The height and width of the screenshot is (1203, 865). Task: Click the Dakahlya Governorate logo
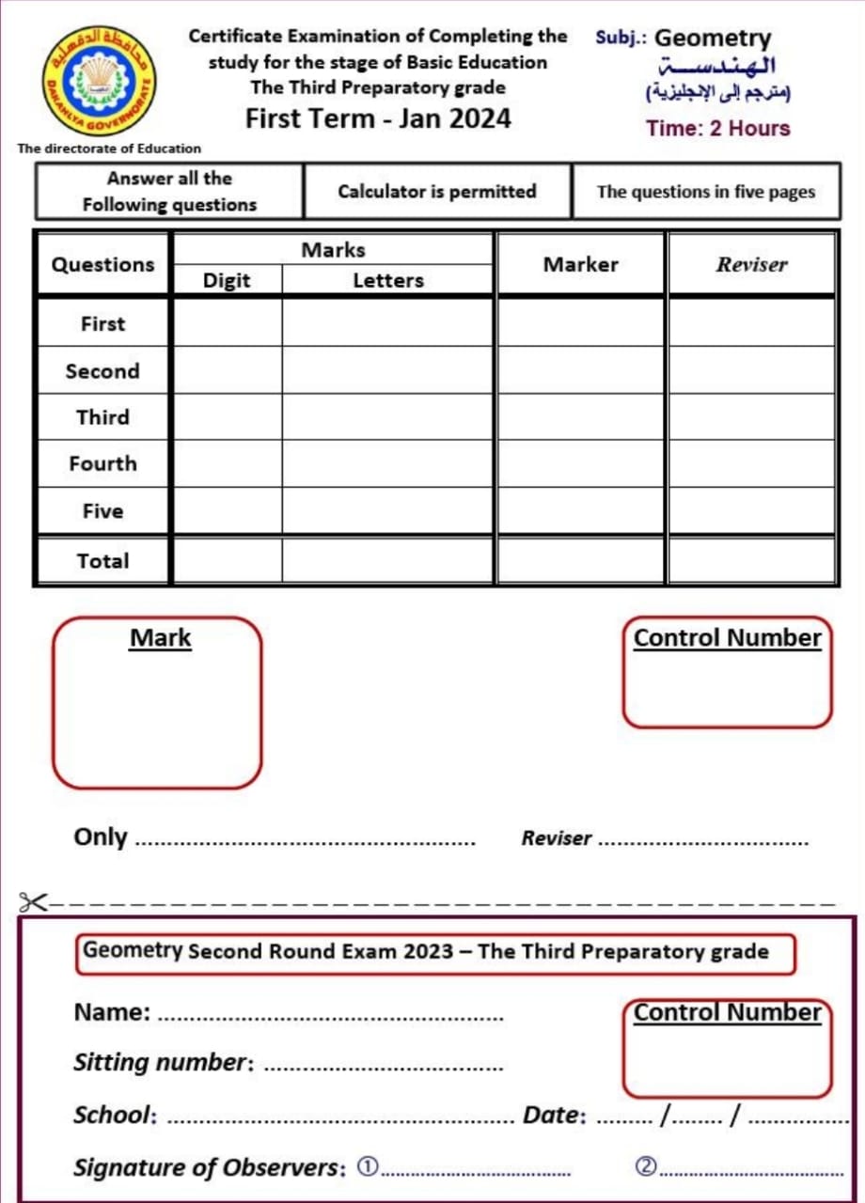tap(99, 81)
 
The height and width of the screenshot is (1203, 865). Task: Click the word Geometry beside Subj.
tap(712, 39)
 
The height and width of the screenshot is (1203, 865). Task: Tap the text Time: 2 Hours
tap(718, 129)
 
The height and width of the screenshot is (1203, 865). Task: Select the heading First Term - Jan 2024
tap(378, 118)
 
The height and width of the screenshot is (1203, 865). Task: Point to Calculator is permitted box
tap(437, 192)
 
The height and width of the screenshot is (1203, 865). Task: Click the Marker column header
tap(581, 265)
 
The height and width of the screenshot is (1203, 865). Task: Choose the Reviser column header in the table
tap(751, 265)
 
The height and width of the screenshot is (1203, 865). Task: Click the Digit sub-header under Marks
tap(227, 280)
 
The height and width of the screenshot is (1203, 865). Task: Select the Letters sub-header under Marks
tap(387, 280)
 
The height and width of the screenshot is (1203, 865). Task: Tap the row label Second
tap(102, 371)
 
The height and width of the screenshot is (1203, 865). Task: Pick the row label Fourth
tap(102, 463)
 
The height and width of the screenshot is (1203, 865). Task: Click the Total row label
tap(102, 561)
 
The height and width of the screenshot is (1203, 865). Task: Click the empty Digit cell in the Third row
tap(227, 417)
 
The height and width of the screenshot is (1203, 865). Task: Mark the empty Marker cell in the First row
tap(581, 322)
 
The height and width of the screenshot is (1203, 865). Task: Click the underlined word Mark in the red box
tap(160, 638)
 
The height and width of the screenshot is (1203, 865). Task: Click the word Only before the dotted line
tap(101, 836)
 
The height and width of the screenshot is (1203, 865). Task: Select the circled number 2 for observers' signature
tap(645, 1166)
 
